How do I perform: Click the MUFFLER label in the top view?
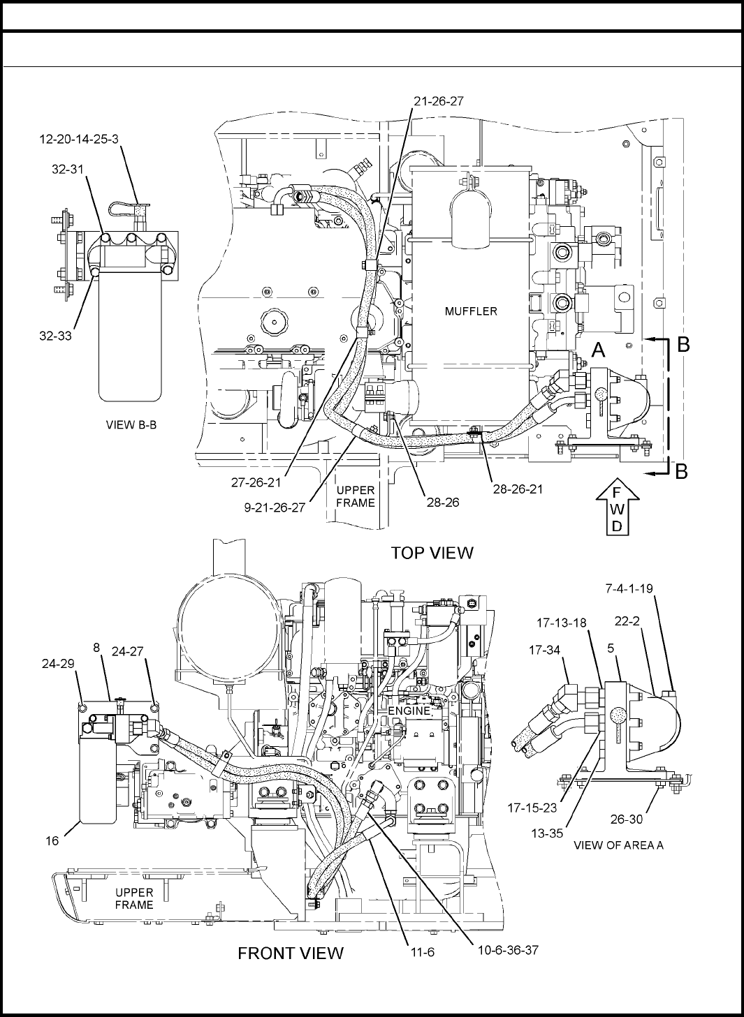click(x=471, y=311)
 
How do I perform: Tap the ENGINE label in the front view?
click(x=409, y=711)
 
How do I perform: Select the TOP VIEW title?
click(x=432, y=553)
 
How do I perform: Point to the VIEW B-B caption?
click(x=131, y=425)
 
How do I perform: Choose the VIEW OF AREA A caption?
click(x=618, y=845)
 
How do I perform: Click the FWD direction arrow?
click(x=617, y=506)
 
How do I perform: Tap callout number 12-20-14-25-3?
click(x=79, y=139)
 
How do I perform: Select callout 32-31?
click(x=68, y=170)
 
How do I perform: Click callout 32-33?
click(x=55, y=336)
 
